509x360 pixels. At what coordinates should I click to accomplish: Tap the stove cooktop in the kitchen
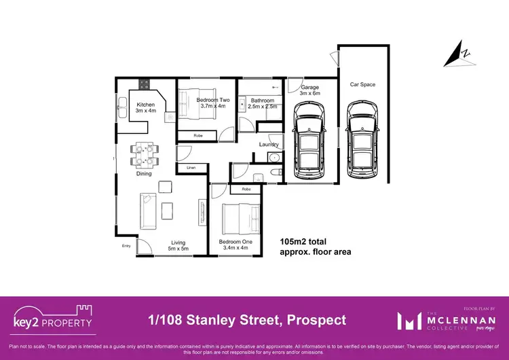tap(144, 85)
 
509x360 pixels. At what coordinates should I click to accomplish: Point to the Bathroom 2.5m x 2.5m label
tap(262, 103)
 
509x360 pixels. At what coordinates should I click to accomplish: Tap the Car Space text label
tap(362, 85)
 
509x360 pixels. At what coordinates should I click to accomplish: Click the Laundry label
tap(269, 145)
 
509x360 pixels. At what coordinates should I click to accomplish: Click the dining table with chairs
tap(144, 155)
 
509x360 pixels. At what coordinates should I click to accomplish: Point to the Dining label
tap(144, 174)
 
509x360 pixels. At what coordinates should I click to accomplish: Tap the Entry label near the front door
tap(126, 246)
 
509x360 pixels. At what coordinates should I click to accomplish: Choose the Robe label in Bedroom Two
tap(198, 136)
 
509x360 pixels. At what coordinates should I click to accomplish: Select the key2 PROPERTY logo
tap(53, 319)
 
